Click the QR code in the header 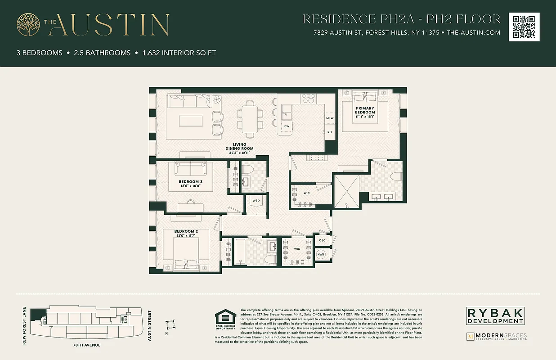click(x=524, y=27)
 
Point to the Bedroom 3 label click(x=190, y=184)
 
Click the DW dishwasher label click(x=287, y=126)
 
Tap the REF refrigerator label click(x=330, y=132)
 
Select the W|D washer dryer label click(x=255, y=201)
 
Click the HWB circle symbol click(x=321, y=255)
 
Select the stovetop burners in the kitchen click(x=309, y=98)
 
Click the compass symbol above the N click(x=170, y=323)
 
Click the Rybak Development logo click(x=494, y=316)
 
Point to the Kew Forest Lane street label click(x=25, y=326)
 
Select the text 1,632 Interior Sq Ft click(x=179, y=53)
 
